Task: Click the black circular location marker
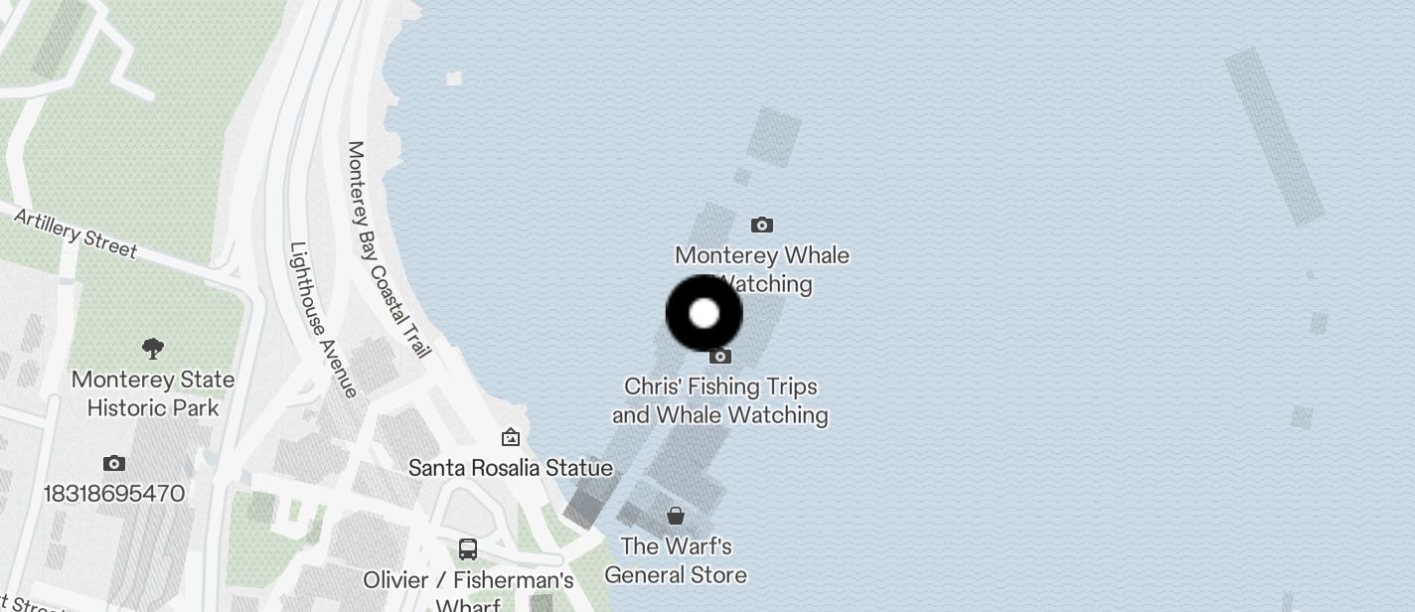(704, 313)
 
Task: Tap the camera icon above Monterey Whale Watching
(762, 226)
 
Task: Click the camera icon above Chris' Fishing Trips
(720, 356)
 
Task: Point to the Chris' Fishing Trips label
(720, 399)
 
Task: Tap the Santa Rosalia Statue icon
(511, 437)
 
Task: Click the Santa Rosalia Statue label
(511, 467)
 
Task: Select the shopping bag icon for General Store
(676, 516)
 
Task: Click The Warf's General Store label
(676, 560)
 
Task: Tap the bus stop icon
(468, 548)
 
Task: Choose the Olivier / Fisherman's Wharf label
(468, 580)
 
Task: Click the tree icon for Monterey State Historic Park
(153, 348)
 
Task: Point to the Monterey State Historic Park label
(153, 393)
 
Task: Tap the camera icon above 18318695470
(114, 463)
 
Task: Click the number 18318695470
(114, 493)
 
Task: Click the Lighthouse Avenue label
(323, 319)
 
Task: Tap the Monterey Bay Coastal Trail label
(389, 249)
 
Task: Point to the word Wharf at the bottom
(468, 605)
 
